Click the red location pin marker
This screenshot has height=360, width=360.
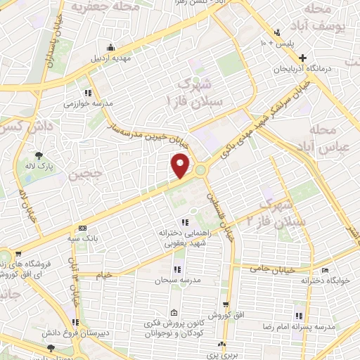pos(181,165)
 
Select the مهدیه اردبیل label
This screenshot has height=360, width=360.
pos(112,58)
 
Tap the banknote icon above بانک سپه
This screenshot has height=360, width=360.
pos(83,228)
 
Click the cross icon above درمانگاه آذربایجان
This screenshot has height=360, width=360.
pos(302,58)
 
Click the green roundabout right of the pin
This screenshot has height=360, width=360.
pos(201,169)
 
